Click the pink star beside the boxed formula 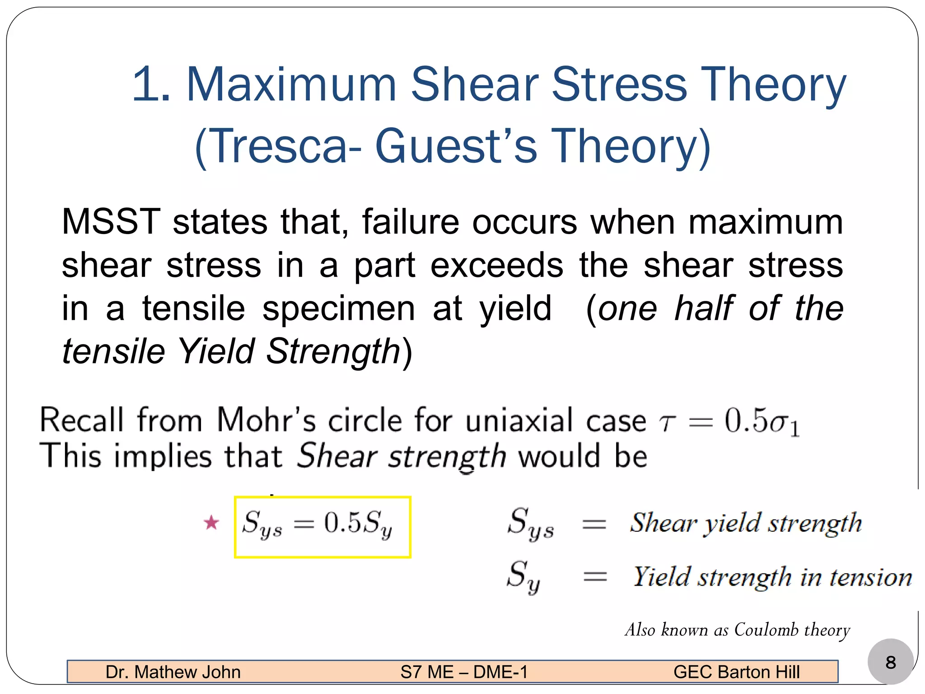(x=211, y=523)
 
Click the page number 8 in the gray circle (x=890, y=662)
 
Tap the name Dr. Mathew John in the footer (x=173, y=672)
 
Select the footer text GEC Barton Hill (x=736, y=672)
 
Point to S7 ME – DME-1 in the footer (x=464, y=672)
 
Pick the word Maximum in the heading (x=291, y=84)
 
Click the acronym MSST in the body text (x=111, y=222)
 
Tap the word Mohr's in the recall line (x=266, y=421)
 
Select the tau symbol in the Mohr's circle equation (x=667, y=422)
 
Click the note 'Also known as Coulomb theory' (x=737, y=630)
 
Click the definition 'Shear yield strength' (x=746, y=523)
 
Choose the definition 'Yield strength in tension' (x=772, y=577)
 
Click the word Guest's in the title (x=456, y=146)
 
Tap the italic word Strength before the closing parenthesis (x=333, y=352)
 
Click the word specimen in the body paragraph (x=339, y=309)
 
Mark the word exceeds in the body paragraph (x=497, y=265)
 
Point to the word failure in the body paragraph (x=410, y=222)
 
